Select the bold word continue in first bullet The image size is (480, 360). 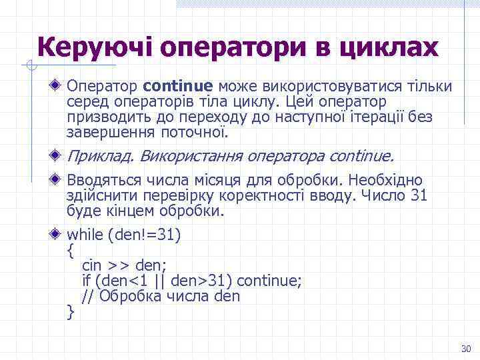177,87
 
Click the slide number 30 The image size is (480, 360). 465,349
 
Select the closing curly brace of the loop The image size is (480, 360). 71,311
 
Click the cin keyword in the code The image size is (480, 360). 91,266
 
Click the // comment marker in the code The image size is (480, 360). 88,295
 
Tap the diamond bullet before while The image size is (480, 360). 59,235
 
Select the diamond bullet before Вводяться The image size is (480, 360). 59,181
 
